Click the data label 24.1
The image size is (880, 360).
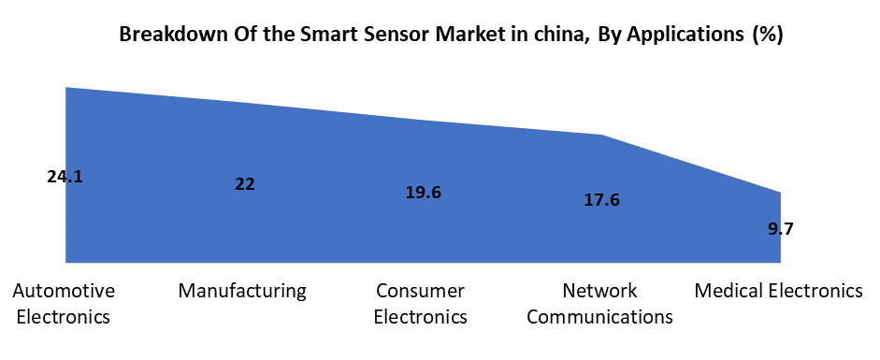(x=65, y=176)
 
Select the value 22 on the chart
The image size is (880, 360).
(x=245, y=184)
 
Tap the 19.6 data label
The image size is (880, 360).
(x=424, y=193)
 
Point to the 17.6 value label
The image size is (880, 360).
(x=601, y=199)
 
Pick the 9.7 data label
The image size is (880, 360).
(x=781, y=228)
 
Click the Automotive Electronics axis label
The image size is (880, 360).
(x=64, y=303)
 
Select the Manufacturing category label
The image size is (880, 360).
(x=242, y=291)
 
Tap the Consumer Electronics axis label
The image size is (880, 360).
(x=420, y=303)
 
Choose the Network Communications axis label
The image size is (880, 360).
(x=599, y=303)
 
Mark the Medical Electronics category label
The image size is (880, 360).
(x=778, y=291)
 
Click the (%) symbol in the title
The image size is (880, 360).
(x=768, y=36)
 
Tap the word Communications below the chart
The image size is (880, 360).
(x=599, y=316)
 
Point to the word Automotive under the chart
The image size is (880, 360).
(x=64, y=291)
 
